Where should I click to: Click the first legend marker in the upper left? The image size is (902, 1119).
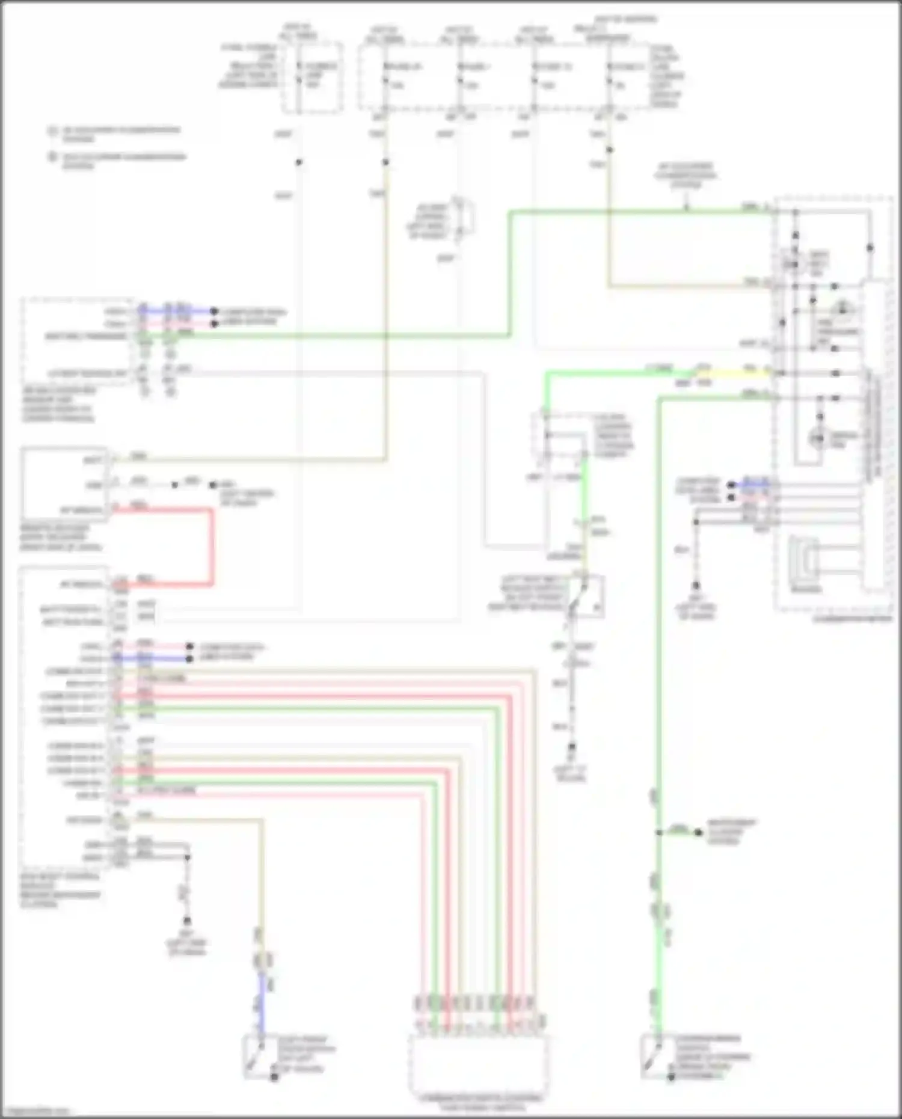53,130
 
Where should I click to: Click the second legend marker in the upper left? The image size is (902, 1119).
53,157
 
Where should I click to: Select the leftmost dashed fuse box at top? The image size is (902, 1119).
312,77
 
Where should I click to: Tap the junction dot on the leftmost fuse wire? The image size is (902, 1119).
298,162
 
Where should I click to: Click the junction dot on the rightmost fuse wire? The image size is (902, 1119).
609,150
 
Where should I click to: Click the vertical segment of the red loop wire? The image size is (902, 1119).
212,546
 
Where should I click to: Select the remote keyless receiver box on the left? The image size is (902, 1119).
64,483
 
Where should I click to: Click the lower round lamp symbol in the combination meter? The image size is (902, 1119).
818,439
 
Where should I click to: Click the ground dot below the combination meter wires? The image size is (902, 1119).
696,585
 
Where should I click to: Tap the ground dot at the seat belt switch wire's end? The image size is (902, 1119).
572,747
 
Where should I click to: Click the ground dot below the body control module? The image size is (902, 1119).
187,921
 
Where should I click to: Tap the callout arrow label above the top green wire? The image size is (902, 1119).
686,176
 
